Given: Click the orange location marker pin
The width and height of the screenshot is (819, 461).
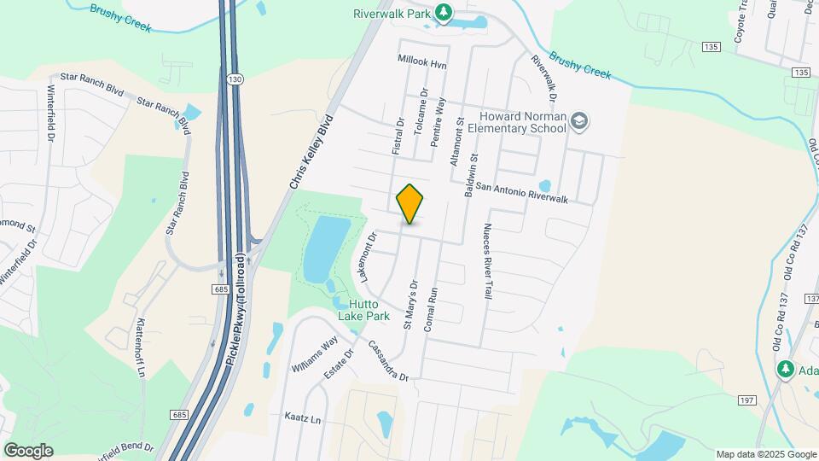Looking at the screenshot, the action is click(410, 203).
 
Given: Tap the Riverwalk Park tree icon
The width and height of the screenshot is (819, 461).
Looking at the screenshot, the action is click(443, 12).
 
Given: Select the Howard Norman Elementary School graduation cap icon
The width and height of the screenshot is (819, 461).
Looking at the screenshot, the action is click(580, 121).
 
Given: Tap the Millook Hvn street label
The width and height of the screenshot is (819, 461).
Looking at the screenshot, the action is click(421, 61).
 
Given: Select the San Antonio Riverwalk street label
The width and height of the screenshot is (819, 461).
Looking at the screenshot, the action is click(521, 192).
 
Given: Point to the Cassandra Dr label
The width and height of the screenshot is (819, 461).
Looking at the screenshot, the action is click(389, 362).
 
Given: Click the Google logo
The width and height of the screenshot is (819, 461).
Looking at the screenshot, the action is click(28, 450).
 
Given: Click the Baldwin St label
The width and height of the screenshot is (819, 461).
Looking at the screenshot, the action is click(469, 176).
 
